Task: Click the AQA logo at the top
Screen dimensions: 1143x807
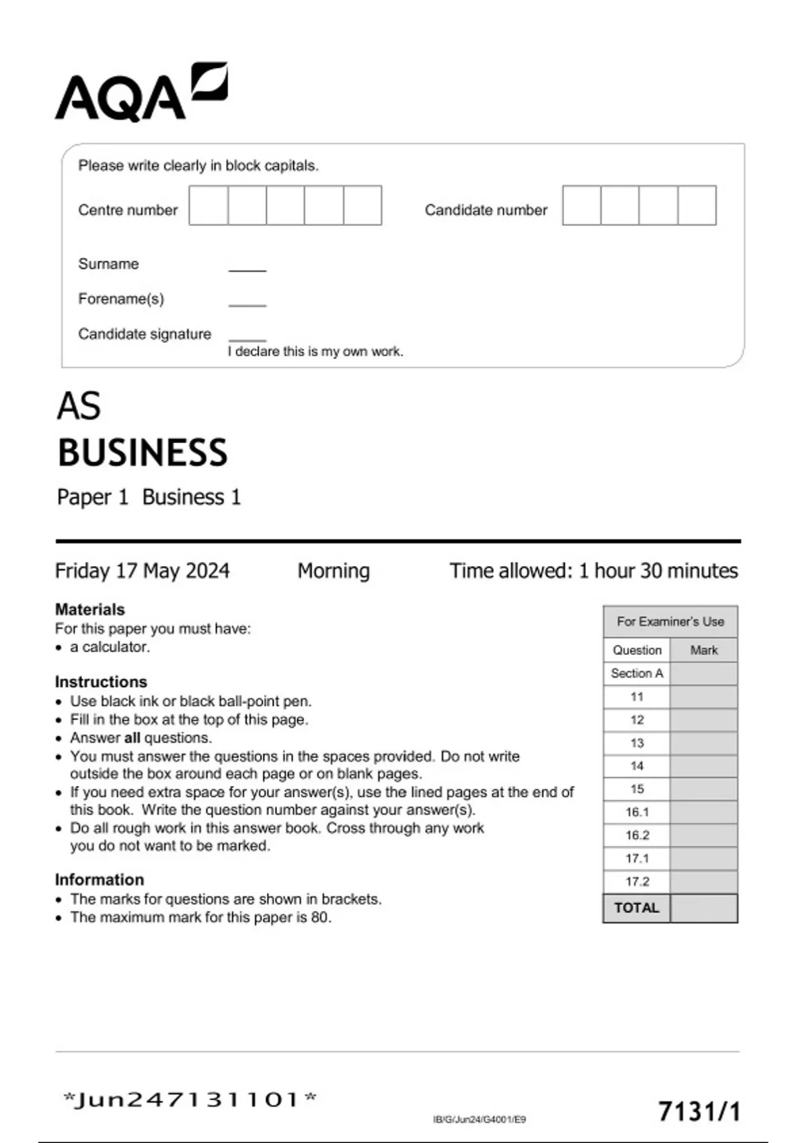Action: (x=141, y=93)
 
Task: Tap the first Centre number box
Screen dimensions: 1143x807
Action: (x=208, y=206)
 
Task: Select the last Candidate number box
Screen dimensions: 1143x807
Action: (x=697, y=206)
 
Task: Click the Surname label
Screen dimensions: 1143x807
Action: (x=108, y=264)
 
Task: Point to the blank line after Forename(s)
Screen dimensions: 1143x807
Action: (x=247, y=305)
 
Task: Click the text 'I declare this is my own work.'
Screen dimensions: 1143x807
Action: (x=315, y=352)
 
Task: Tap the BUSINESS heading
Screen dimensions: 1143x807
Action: (x=143, y=452)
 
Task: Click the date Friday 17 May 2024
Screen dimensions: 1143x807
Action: (x=142, y=571)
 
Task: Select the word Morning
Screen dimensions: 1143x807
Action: (x=334, y=571)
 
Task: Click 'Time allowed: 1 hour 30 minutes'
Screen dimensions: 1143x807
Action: (x=593, y=571)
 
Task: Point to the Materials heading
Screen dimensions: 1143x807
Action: (x=89, y=609)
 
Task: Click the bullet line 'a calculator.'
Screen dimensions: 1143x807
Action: (x=110, y=647)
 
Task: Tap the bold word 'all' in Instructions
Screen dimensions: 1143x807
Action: (x=132, y=738)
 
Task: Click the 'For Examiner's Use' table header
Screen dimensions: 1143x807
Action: (x=670, y=621)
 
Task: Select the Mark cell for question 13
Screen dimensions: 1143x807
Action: (x=703, y=743)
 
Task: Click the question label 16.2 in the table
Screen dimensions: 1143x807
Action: (x=637, y=835)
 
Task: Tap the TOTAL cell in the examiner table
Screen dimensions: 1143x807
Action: (x=636, y=908)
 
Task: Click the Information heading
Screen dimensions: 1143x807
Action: (x=100, y=879)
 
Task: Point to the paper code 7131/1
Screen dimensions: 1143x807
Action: (x=699, y=1111)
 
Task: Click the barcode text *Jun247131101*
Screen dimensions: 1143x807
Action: (x=190, y=1100)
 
